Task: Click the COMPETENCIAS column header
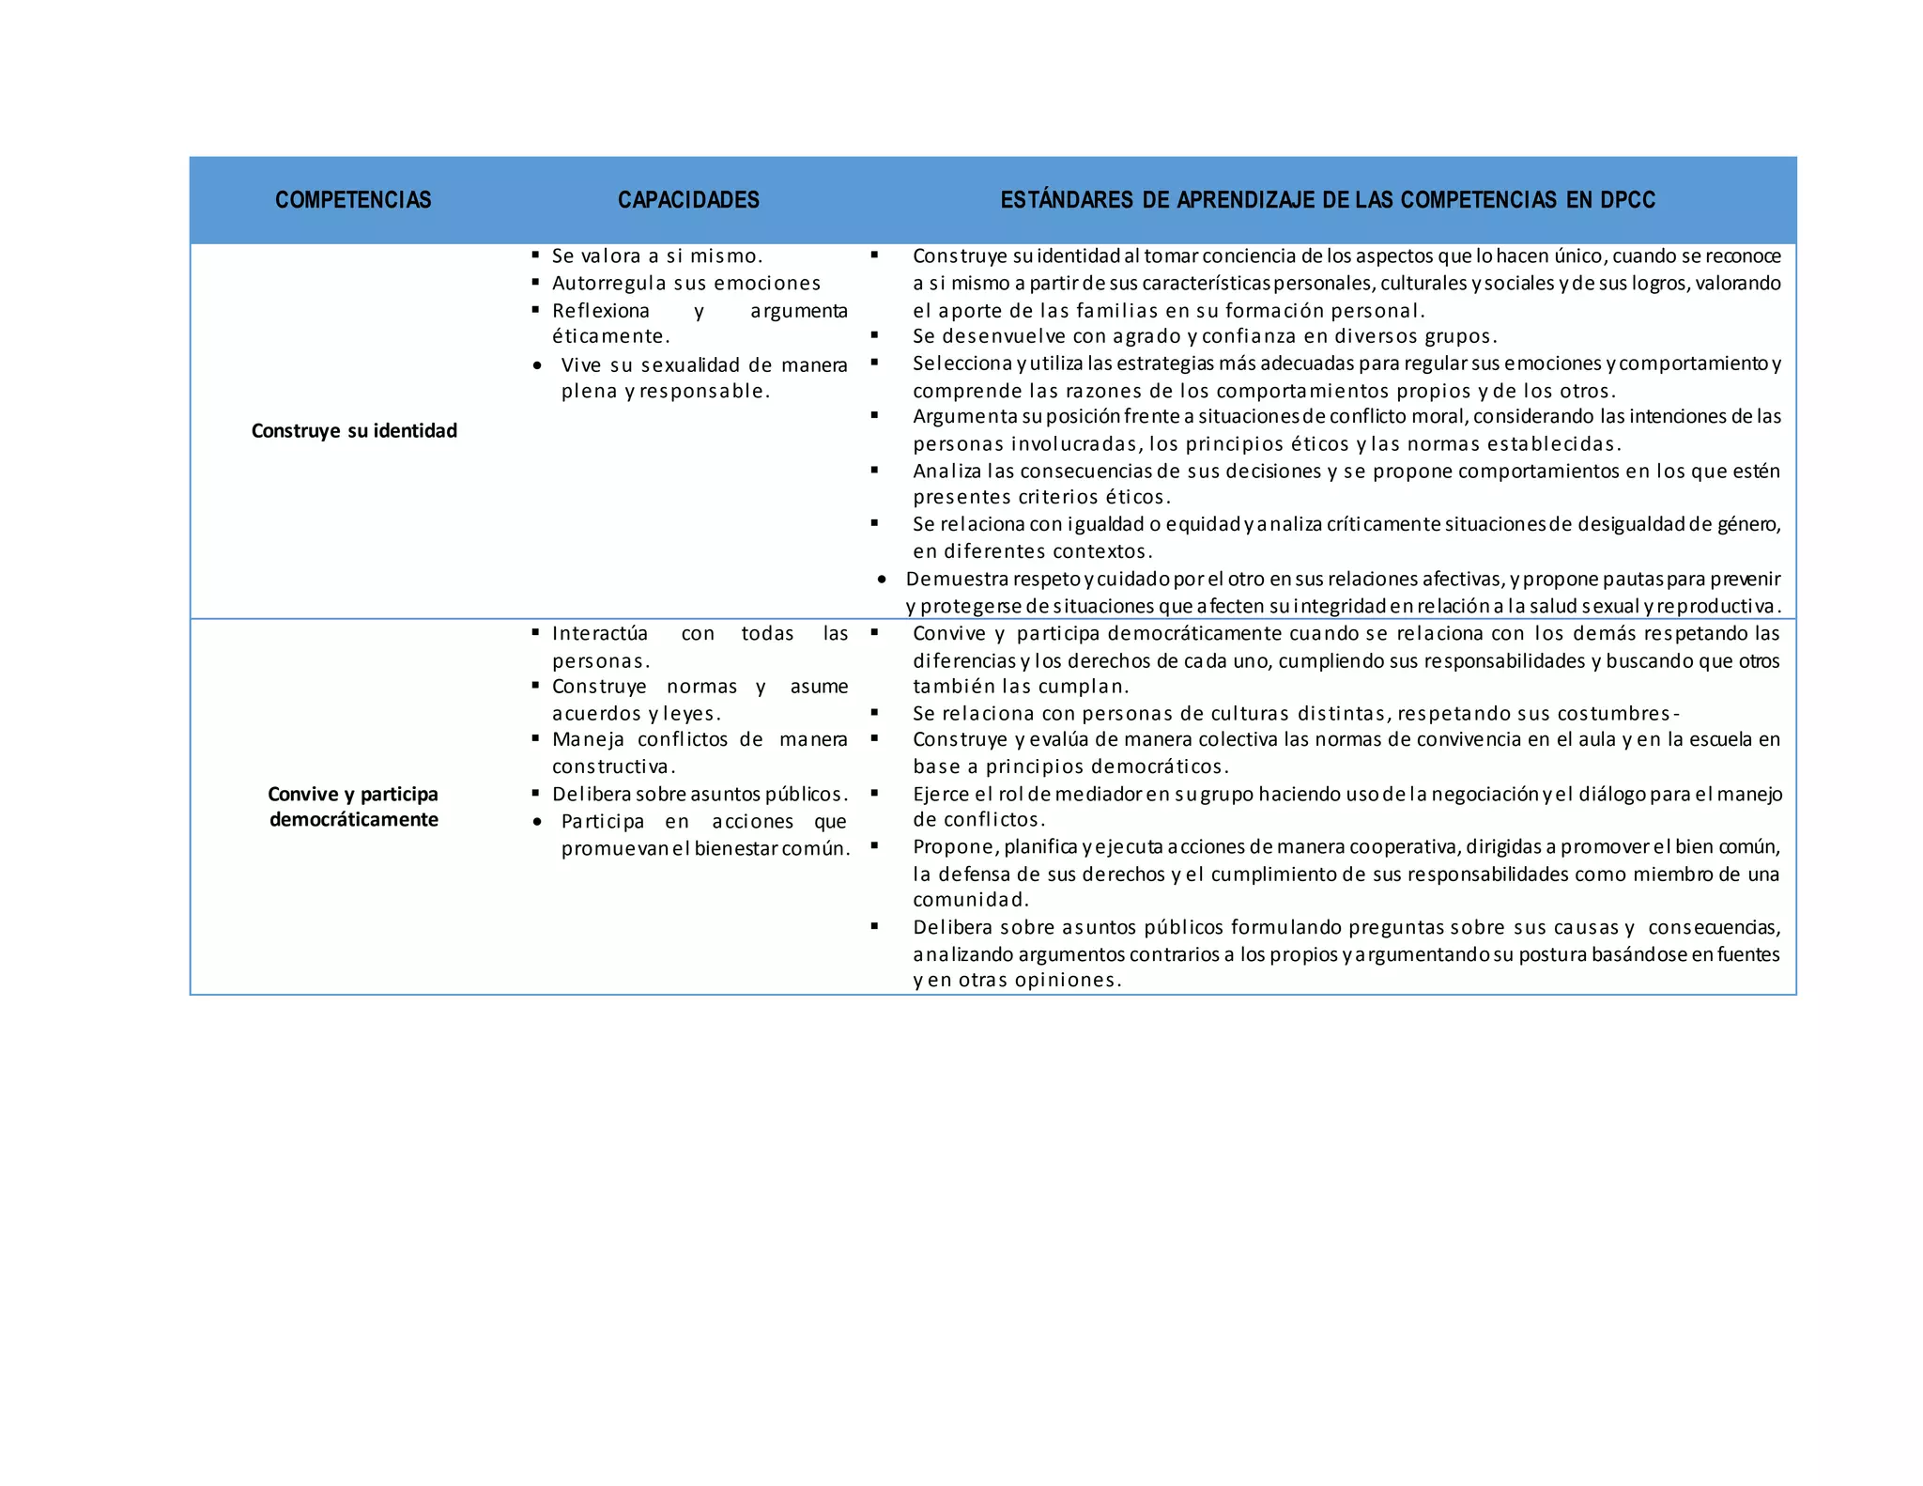click(353, 200)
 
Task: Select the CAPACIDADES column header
click(688, 200)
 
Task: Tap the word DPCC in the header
click(1627, 200)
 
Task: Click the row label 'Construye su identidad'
click(354, 431)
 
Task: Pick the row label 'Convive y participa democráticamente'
click(353, 807)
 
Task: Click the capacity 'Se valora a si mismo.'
click(657, 256)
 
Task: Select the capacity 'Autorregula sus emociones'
click(686, 284)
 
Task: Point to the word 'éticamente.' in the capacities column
click(611, 336)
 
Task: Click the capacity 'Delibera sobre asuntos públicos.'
click(700, 795)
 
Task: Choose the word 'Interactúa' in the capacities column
click(600, 634)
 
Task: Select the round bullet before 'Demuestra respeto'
click(882, 580)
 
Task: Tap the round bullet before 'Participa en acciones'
click(537, 822)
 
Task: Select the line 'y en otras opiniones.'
click(1017, 981)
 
